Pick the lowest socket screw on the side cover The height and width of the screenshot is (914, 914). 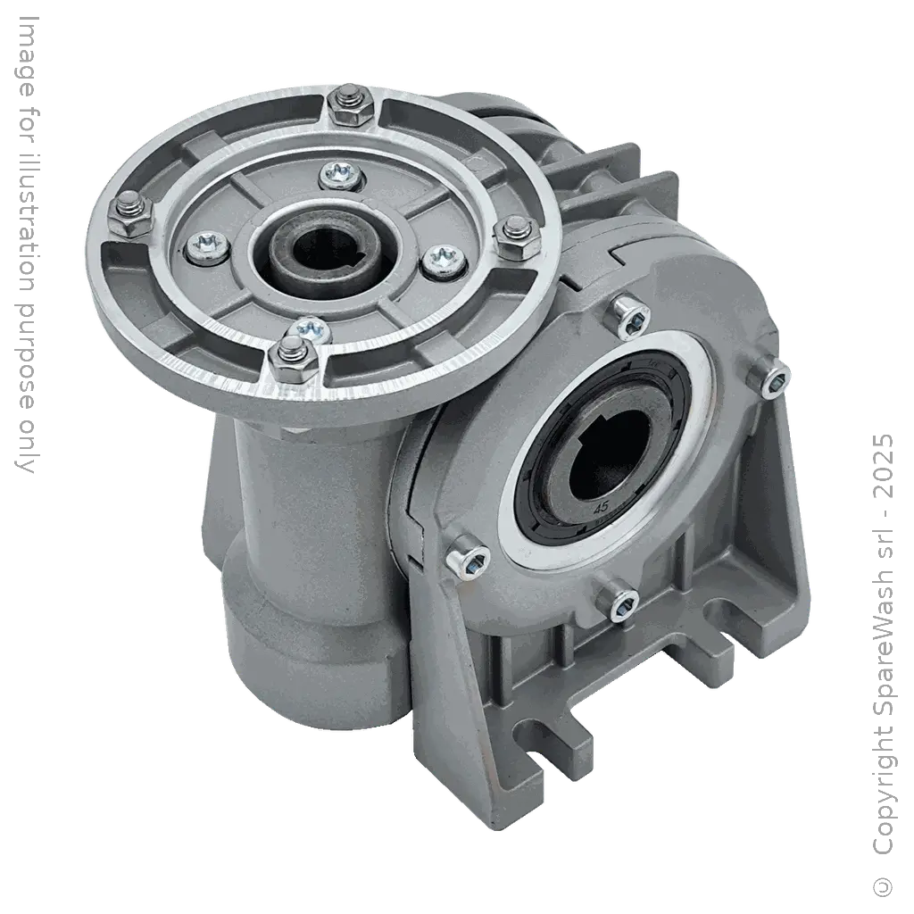pos(621,605)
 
